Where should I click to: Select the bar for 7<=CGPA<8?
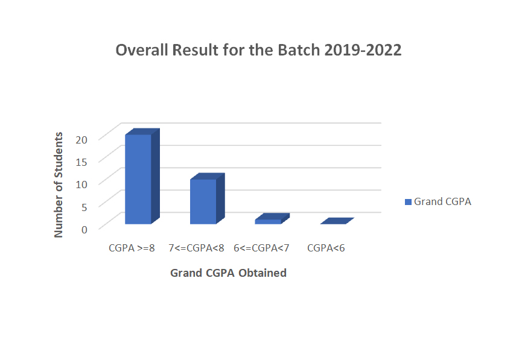click(x=207, y=198)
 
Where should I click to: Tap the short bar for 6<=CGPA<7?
click(x=272, y=219)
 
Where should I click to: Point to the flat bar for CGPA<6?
click(x=337, y=221)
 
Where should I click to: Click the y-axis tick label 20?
click(x=81, y=140)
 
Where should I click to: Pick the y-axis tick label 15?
click(x=81, y=162)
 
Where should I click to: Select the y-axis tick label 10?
click(x=81, y=185)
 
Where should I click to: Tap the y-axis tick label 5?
click(x=84, y=207)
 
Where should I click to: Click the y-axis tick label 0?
click(x=84, y=229)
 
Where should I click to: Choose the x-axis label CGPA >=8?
click(x=132, y=248)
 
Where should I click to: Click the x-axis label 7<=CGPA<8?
click(x=196, y=248)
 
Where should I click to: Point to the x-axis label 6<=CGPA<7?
click(x=261, y=248)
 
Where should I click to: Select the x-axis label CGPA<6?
click(x=326, y=248)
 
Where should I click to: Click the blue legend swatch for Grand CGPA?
click(x=408, y=202)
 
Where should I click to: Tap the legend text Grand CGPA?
click(x=442, y=201)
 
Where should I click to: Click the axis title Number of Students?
click(x=59, y=185)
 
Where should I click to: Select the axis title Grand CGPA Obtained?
click(x=228, y=273)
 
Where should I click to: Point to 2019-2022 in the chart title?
click(x=363, y=50)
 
